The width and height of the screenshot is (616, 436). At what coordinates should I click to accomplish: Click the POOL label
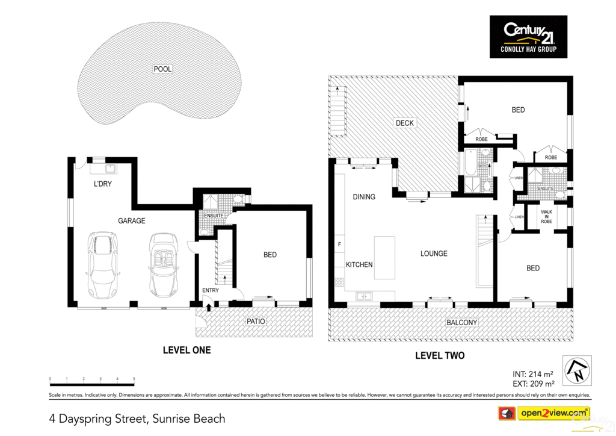(162, 69)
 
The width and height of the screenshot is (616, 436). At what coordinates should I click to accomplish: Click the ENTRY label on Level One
(211, 290)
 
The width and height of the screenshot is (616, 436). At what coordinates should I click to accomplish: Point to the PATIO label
(256, 322)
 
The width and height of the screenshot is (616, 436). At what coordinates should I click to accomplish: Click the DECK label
(405, 123)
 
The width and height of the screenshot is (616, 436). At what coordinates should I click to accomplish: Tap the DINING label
(364, 197)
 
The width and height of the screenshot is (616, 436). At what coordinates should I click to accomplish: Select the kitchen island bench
(384, 258)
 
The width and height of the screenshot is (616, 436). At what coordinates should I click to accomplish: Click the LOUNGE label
(434, 254)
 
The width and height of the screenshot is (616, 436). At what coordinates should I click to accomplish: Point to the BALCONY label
(462, 323)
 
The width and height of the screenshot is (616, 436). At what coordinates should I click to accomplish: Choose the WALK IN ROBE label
(546, 217)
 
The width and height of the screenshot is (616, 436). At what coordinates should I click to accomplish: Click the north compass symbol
(576, 370)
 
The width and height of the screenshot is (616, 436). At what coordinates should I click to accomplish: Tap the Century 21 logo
(528, 37)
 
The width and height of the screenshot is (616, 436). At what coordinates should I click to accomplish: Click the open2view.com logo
(544, 413)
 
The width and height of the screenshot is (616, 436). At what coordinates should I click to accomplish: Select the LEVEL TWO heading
(440, 356)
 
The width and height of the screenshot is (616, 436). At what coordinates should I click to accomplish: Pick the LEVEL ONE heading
(187, 350)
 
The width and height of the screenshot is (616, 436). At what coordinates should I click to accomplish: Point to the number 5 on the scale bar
(134, 379)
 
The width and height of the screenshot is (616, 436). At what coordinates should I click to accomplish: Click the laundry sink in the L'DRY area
(111, 169)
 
